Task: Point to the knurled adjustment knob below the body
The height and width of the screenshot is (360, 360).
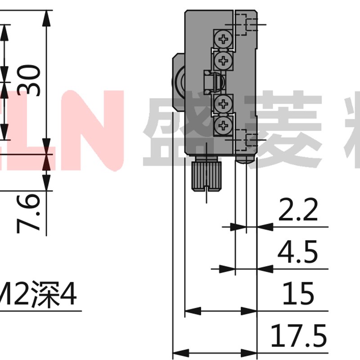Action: (x=206, y=176)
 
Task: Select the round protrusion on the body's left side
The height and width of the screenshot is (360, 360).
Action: (x=178, y=81)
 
